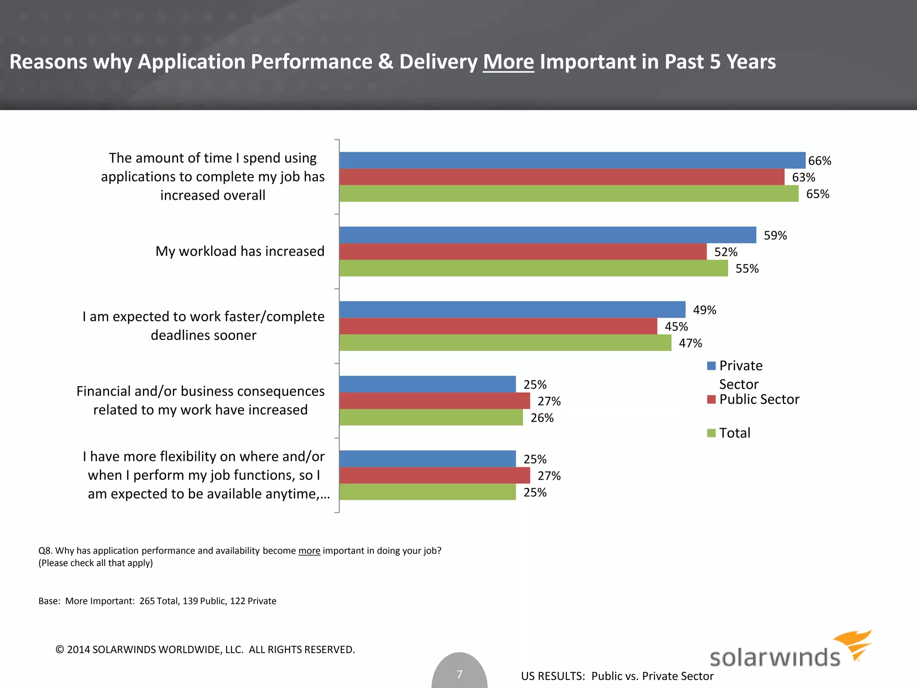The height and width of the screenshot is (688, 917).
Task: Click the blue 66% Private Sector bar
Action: click(x=572, y=160)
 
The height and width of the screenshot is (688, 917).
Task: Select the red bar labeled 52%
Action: click(x=523, y=252)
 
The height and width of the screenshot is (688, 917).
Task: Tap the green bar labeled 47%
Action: click(x=505, y=343)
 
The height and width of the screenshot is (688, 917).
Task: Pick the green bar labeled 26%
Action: click(x=431, y=417)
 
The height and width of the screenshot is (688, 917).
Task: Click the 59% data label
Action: click(x=775, y=236)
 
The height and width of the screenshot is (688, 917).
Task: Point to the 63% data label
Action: click(x=803, y=177)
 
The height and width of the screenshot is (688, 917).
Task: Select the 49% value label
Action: click(x=704, y=310)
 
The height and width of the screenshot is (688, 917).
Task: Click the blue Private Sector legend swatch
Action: click(x=711, y=366)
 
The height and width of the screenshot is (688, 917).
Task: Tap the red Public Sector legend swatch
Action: click(x=711, y=400)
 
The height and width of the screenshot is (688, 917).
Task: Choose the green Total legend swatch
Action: click(x=711, y=433)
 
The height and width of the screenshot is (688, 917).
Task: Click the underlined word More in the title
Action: click(x=508, y=62)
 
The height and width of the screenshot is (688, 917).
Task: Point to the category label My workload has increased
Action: click(x=240, y=251)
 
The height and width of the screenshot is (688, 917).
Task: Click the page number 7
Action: click(x=459, y=674)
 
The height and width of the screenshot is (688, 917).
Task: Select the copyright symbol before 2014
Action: click(x=60, y=649)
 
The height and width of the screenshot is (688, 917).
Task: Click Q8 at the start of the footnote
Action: click(x=45, y=550)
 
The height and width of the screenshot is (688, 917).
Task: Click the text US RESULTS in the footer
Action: click(x=553, y=676)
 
